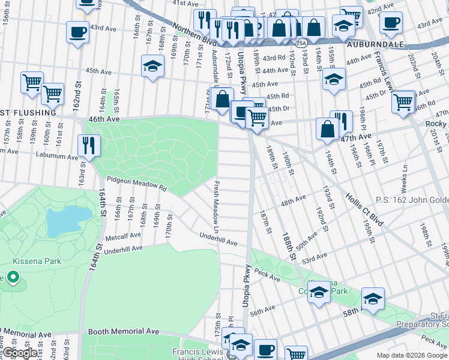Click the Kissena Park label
[32, 262]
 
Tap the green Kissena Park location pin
[11, 278]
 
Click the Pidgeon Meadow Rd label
[136, 182]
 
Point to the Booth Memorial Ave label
[124, 331]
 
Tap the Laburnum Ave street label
[56, 157]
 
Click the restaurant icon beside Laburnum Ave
[89, 145]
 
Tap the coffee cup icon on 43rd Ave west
[77, 32]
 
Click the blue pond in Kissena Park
[69, 221]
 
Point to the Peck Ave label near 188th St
[267, 278]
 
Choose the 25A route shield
[301, 43]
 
